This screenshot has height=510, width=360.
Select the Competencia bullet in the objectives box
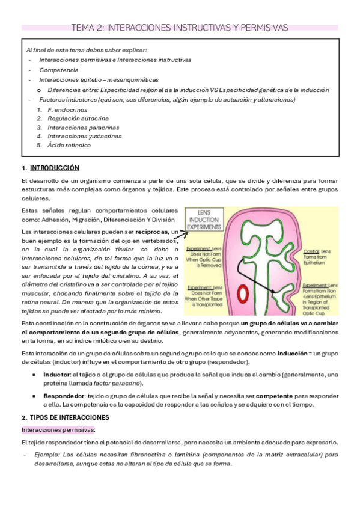pos(59,70)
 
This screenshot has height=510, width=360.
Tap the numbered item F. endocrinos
pos(67,110)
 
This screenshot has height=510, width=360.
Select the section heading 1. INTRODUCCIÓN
pos(50,168)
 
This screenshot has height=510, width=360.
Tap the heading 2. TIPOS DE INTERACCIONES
pos(65,417)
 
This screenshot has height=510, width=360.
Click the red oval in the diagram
pos(244,294)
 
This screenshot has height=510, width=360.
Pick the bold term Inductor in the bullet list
pos(56,375)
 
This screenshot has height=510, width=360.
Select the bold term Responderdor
pos(63,396)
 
